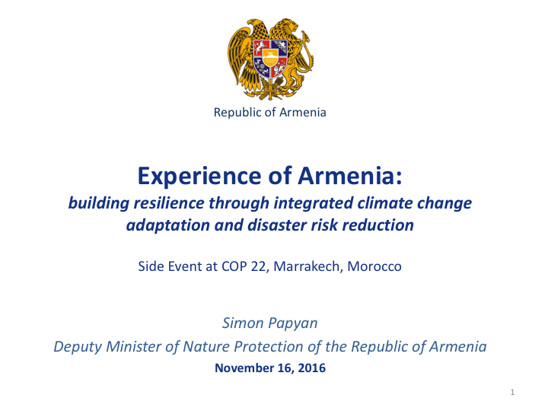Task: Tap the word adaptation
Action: (167, 225)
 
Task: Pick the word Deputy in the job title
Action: (74, 347)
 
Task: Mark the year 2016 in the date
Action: (312, 368)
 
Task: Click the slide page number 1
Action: (513, 392)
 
